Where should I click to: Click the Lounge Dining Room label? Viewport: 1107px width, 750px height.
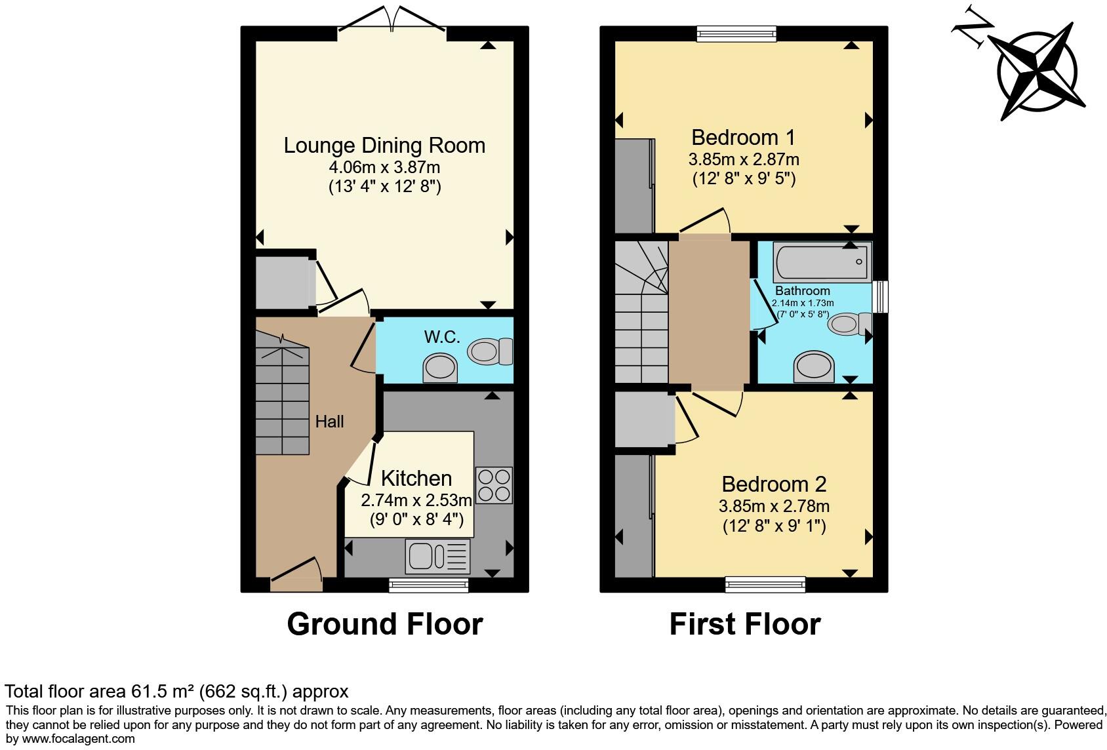point(384,145)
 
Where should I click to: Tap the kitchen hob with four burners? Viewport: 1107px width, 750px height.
point(494,485)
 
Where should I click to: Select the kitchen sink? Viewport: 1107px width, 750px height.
point(437,556)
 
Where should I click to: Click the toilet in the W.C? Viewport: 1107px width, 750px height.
point(489,351)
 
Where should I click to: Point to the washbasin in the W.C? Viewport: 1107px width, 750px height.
point(439,368)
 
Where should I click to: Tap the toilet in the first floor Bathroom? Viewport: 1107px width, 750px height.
point(849,323)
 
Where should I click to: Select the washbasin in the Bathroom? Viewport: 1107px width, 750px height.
point(814,367)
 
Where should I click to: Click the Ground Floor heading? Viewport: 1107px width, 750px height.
point(385,624)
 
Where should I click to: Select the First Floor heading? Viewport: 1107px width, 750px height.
point(744,624)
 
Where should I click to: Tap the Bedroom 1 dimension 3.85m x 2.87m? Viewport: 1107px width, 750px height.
point(744,159)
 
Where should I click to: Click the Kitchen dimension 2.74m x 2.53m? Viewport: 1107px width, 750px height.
point(416,501)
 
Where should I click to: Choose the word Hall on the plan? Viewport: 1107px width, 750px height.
point(329,422)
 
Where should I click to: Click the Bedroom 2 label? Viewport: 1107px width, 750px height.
point(774,484)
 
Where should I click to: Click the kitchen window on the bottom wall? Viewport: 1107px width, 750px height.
point(428,585)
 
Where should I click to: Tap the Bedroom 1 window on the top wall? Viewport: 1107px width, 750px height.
point(736,33)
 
